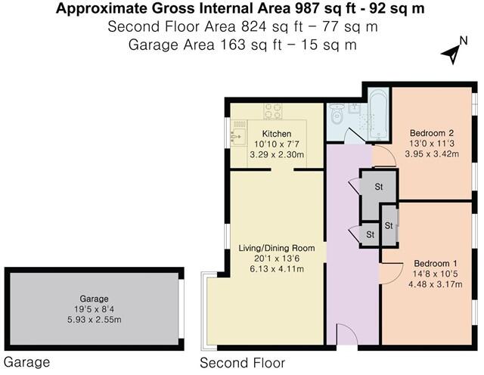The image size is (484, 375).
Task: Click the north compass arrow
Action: coord(452,54)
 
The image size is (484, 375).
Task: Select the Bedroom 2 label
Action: coord(427,127)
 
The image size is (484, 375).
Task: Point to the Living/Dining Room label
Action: coord(271,248)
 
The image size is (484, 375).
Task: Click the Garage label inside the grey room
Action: coord(95,298)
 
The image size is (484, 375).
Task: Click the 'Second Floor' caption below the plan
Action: coord(242,363)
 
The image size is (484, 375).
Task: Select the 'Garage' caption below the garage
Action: coord(27,362)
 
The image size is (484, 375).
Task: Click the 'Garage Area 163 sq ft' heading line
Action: coord(241,44)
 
